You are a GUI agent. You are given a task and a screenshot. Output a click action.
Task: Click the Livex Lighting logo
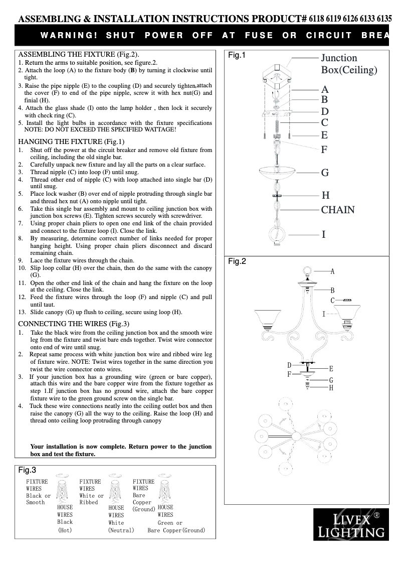coord(351,524)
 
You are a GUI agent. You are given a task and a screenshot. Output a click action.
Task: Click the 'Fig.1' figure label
coord(237,55)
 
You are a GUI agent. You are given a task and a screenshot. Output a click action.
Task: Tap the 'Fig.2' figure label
coord(237,261)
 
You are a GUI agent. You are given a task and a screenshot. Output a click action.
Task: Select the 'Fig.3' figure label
coord(27,470)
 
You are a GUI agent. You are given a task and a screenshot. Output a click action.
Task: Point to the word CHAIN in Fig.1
coord(337,210)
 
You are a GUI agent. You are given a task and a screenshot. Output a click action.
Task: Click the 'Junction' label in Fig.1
coord(339,58)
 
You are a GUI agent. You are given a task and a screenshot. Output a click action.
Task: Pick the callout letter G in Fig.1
coord(325,173)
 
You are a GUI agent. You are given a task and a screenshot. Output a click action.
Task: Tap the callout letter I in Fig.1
coord(324,234)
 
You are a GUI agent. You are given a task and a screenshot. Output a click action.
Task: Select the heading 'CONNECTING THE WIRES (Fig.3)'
coord(74,324)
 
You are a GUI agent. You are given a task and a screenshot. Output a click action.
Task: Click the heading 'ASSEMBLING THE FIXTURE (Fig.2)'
coord(79,54)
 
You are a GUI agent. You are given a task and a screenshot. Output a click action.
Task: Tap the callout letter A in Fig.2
coord(332,271)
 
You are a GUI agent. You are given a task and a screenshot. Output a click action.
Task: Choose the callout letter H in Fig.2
coord(331,388)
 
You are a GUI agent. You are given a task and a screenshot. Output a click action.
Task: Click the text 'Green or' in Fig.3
coord(170,523)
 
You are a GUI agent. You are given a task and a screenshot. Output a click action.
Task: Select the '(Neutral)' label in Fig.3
coord(121,530)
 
